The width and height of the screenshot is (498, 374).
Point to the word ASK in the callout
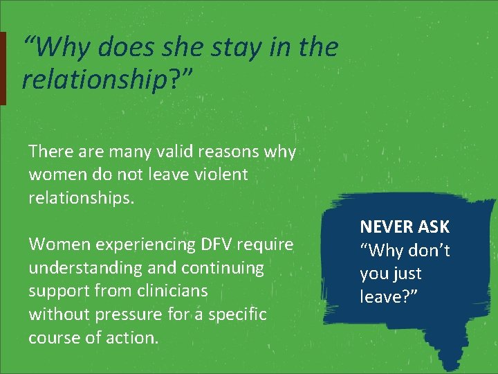(x=434, y=226)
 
